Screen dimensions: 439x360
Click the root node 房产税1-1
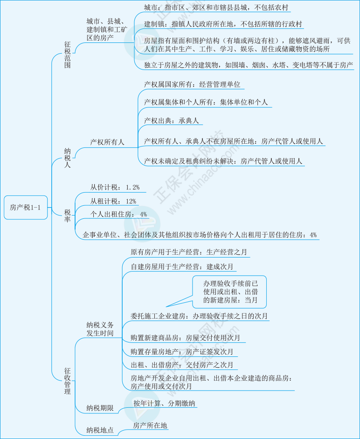pyautogui.click(x=26, y=208)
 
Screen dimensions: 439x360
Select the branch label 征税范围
pyautogui.click(x=68, y=55)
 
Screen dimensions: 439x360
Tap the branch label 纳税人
pyautogui.click(x=68, y=158)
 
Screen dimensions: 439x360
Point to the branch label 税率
pyautogui.click(x=68, y=216)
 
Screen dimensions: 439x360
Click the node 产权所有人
pyautogui.click(x=107, y=142)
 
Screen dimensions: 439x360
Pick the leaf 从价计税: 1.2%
pyautogui.click(x=115, y=187)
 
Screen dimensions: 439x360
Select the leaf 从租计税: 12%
pyautogui.click(x=113, y=201)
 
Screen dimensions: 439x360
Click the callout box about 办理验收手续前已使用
pyautogui.click(x=230, y=292)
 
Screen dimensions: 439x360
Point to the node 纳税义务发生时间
pyautogui.click(x=100, y=329)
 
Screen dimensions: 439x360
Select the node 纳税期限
pyautogui.click(x=100, y=408)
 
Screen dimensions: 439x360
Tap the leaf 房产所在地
pyautogui.click(x=150, y=425)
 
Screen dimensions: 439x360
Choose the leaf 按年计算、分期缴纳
pyautogui.click(x=164, y=403)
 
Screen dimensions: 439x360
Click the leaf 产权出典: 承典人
pyautogui.click(x=172, y=120)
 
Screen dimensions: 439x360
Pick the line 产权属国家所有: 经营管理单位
pyautogui.click(x=193, y=84)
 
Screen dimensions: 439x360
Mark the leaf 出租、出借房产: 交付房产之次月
pyautogui.click(x=182, y=365)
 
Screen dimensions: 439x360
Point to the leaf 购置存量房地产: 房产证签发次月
pyautogui.click(x=182, y=351)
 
